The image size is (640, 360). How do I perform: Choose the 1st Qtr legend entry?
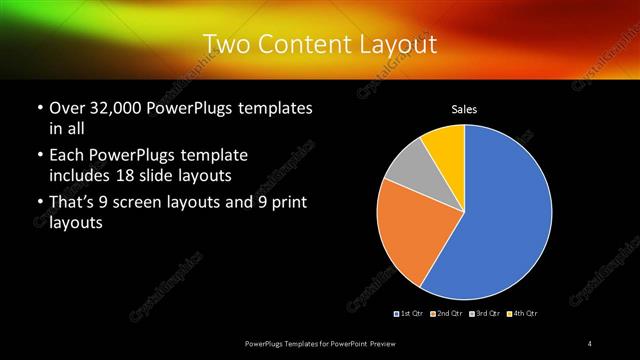(x=410, y=314)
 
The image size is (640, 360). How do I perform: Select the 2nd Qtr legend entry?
(x=446, y=314)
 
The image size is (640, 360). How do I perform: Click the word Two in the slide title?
(x=224, y=44)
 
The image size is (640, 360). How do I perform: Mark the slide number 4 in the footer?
(x=590, y=344)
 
